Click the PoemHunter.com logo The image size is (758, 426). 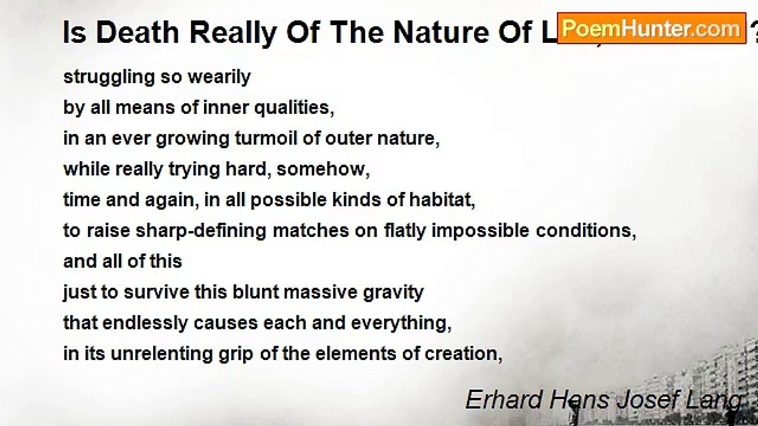[x=651, y=28]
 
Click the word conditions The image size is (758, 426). [x=586, y=231]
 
